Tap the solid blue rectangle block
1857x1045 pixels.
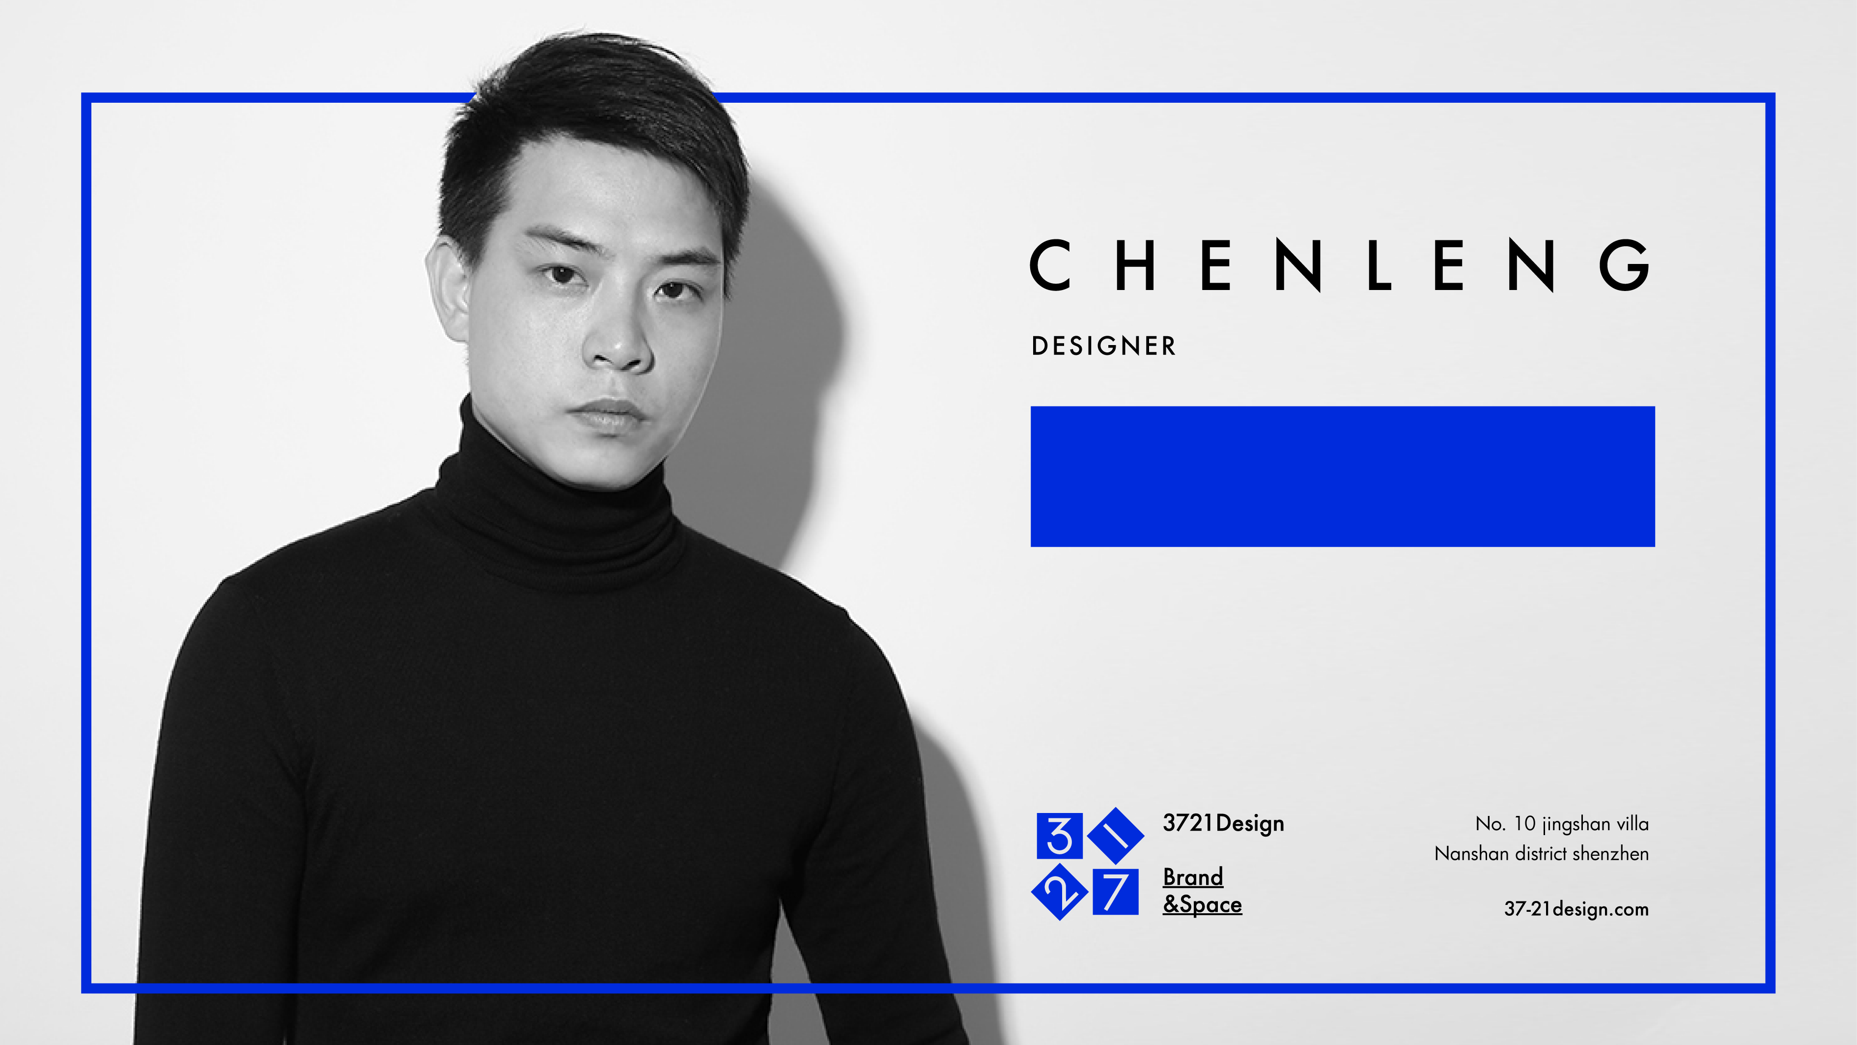[1342, 477]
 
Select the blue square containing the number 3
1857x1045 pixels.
[1059, 836]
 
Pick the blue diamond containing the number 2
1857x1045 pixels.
[1060, 892]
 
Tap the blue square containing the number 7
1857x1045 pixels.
[1115, 892]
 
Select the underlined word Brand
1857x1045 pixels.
[1193, 877]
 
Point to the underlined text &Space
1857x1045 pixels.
[1203, 904]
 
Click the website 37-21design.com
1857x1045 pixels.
[1576, 909]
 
